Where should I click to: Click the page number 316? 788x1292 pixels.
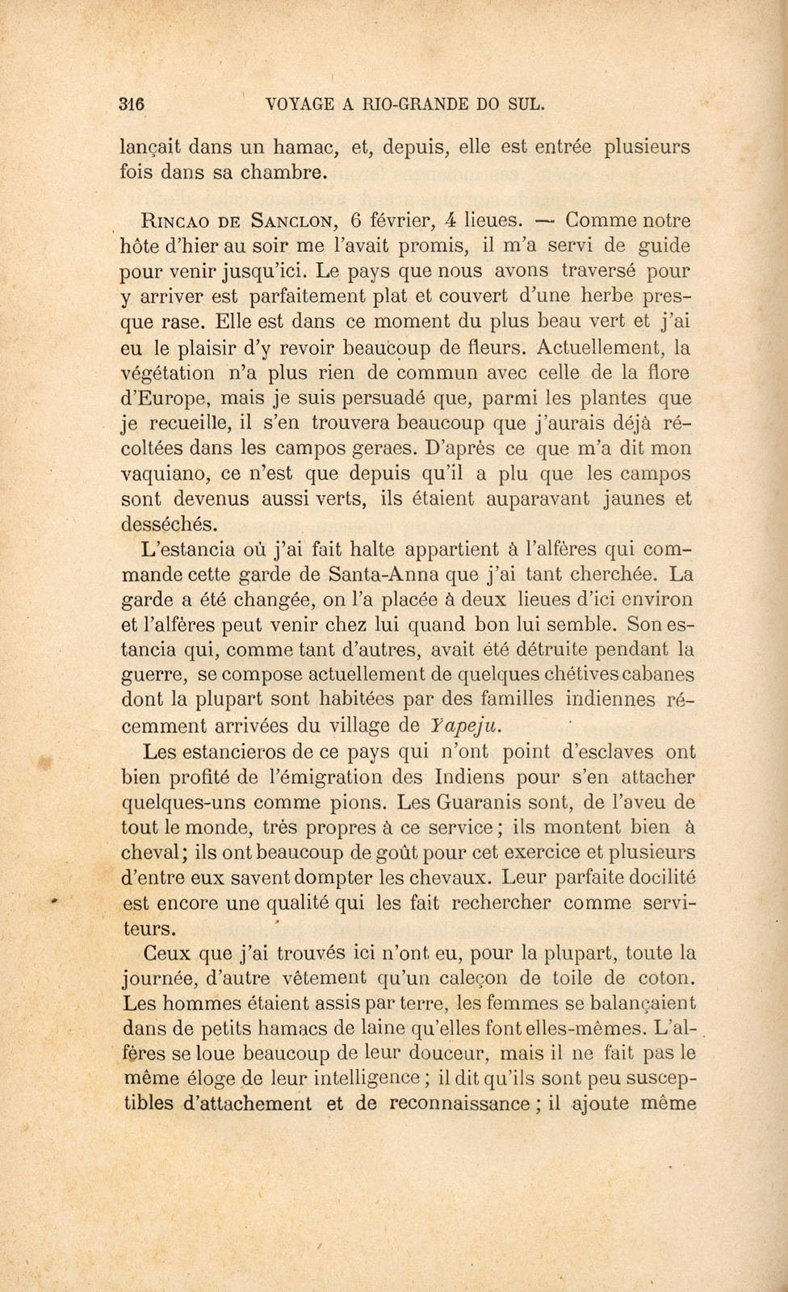tap(131, 103)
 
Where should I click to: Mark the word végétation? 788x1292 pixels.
tap(167, 373)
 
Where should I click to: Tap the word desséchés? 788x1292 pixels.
tap(169, 524)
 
